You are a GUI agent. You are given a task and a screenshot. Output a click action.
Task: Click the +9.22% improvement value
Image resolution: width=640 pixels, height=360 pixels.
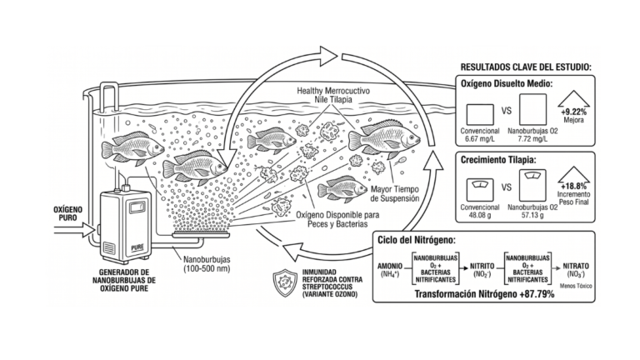573,112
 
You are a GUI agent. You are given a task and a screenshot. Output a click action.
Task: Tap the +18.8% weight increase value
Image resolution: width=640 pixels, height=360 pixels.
574,187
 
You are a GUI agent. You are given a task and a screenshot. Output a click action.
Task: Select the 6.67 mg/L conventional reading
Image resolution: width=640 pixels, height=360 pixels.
480,139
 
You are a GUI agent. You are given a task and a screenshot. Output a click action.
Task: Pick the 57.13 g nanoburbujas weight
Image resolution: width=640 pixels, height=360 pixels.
532,215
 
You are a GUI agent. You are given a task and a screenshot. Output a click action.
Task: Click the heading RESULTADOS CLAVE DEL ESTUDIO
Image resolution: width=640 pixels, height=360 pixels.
526,67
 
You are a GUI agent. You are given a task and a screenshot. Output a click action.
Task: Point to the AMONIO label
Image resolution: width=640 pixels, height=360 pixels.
390,266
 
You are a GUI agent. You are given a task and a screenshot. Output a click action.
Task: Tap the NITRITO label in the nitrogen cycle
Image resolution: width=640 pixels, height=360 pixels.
482,266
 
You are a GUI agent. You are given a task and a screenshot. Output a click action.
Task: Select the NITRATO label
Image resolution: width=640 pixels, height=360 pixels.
576,266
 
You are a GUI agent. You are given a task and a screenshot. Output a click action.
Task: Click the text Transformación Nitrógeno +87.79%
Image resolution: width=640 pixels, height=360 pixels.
484,294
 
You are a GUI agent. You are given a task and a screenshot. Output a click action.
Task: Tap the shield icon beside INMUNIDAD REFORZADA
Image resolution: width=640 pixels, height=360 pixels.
285,282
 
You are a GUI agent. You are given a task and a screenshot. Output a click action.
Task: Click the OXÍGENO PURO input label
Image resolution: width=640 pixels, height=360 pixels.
67,213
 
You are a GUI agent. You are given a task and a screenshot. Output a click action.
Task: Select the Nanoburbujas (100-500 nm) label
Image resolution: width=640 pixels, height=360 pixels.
207,264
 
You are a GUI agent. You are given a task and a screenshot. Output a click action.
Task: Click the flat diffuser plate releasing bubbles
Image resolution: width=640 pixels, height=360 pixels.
201,234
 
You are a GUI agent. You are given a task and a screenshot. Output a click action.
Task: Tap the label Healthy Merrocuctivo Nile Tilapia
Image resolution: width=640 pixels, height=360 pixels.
333,95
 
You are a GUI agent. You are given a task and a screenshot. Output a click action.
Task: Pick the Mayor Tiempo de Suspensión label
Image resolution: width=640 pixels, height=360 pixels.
395,194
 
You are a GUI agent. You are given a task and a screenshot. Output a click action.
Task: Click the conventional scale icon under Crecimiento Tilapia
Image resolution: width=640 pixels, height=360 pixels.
480,190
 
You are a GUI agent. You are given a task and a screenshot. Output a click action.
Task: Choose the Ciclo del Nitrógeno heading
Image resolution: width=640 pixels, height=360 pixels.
417,240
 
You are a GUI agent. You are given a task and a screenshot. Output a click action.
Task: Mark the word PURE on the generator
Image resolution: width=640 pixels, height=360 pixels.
137,247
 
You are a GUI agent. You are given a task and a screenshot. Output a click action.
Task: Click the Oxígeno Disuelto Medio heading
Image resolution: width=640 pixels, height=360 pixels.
507,83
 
